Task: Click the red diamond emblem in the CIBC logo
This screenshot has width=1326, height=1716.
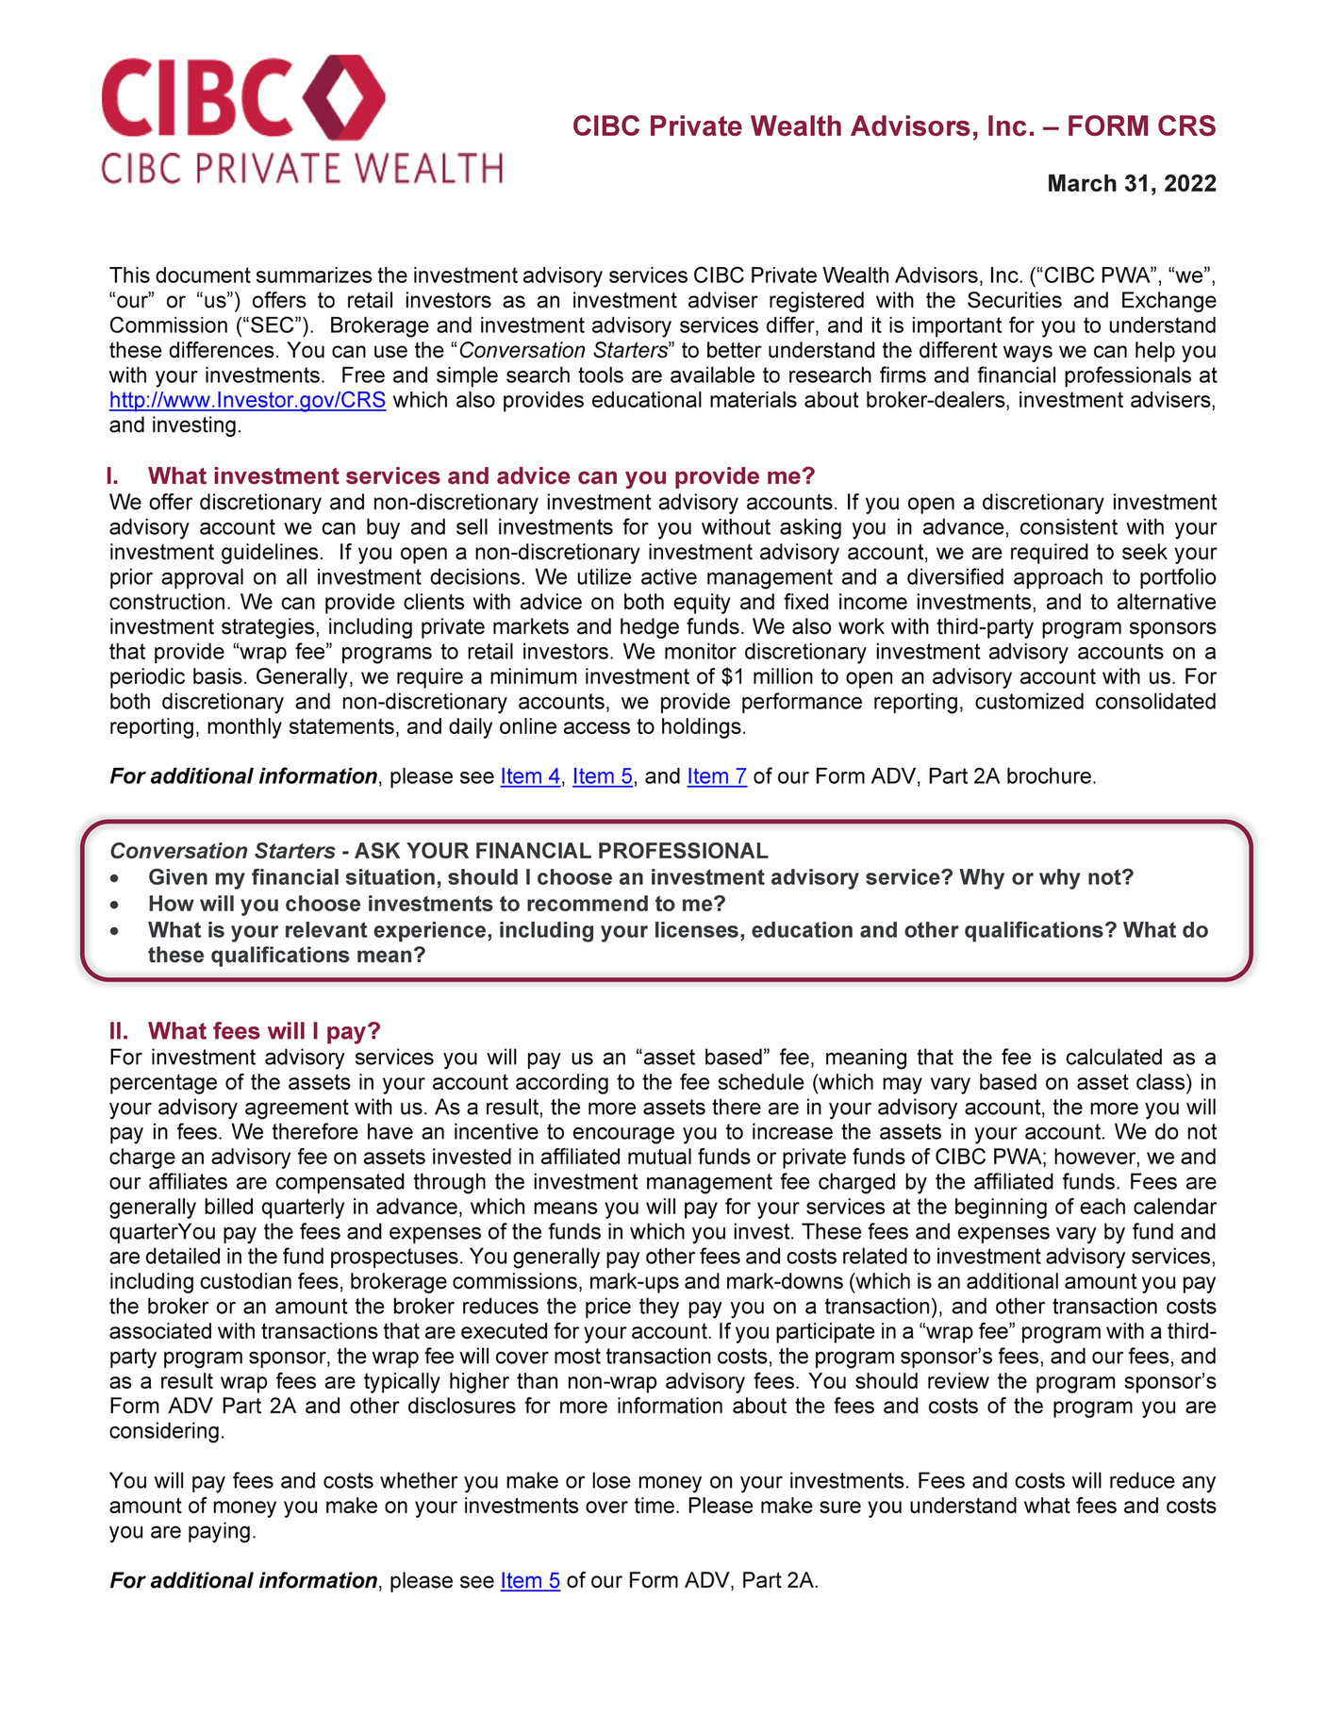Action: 344,97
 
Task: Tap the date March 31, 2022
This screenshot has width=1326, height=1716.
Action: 1131,183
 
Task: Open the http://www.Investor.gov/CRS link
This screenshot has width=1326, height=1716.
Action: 247,400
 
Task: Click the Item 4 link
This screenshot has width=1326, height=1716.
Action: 529,776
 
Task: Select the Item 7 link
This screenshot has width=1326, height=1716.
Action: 717,776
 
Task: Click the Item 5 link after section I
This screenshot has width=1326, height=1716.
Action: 602,776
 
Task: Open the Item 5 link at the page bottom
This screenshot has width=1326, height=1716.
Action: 530,1580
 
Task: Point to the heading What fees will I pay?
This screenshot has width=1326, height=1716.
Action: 264,1030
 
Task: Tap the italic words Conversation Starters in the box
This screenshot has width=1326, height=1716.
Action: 223,851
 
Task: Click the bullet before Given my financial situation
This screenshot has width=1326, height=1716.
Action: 115,878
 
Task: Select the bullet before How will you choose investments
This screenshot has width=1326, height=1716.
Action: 115,905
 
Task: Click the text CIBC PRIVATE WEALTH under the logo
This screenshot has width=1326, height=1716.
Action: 302,169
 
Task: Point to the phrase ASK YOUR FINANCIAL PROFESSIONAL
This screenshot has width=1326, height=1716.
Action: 561,851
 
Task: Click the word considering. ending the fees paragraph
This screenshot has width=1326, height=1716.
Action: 167,1431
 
